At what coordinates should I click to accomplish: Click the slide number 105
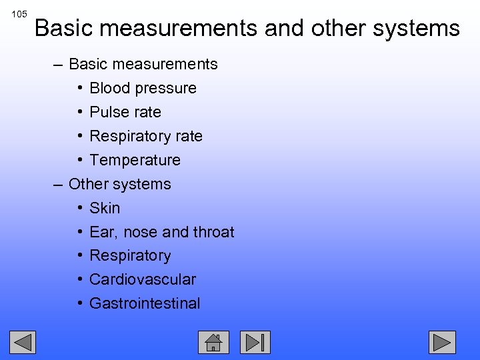(x=19, y=14)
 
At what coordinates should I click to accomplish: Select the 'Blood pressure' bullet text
(x=143, y=88)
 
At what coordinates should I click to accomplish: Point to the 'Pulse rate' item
(x=125, y=112)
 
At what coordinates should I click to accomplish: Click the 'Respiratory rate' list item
(x=146, y=136)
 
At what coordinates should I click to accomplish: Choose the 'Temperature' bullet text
(x=135, y=160)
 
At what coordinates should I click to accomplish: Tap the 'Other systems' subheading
(x=120, y=184)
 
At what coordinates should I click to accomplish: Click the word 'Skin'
(x=105, y=208)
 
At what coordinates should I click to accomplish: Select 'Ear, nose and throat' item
(x=162, y=232)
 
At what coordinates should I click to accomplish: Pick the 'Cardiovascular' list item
(x=143, y=279)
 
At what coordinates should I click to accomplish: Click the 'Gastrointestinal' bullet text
(x=145, y=303)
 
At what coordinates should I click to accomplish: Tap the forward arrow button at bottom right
(x=441, y=342)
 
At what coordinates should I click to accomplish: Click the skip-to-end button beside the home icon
(x=255, y=342)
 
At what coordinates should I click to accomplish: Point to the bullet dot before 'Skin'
(x=79, y=208)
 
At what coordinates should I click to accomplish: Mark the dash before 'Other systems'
(x=58, y=184)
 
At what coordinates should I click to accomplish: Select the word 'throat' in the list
(x=214, y=232)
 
